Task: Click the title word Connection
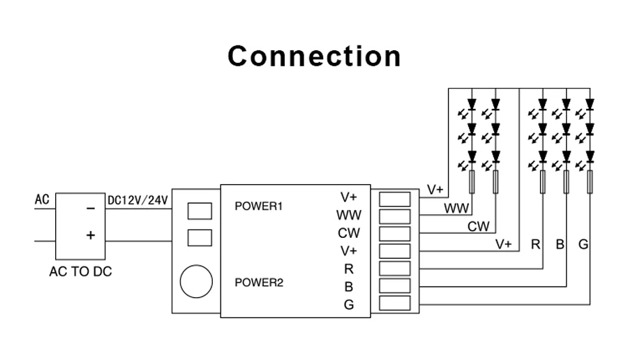314,56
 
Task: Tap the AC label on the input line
42,200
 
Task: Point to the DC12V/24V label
137,200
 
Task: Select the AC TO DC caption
80,272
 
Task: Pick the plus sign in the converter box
90,235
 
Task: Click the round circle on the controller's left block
196,281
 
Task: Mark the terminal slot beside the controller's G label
394,303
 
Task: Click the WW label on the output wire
456,208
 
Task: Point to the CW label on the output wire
479,226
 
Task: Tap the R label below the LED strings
536,244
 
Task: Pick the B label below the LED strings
560,244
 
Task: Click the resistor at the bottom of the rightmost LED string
590,182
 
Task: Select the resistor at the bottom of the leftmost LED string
472,182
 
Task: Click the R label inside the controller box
349,268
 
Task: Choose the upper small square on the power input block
200,211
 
